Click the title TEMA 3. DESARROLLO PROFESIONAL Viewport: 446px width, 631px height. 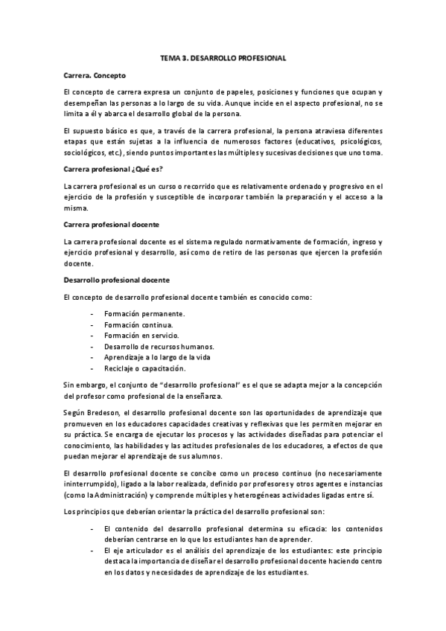[223, 57]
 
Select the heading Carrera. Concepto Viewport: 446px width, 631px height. [95, 75]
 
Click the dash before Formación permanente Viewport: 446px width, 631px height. [91, 314]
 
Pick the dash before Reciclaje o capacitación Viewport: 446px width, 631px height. [91, 368]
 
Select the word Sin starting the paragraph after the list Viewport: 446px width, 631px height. [70, 385]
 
